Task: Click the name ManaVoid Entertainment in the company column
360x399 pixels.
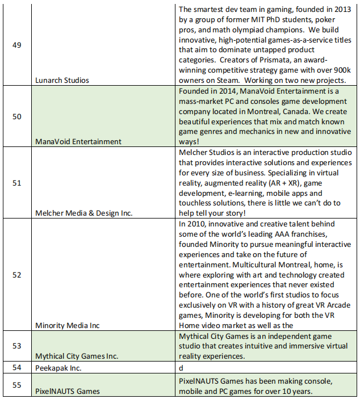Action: coord(78,141)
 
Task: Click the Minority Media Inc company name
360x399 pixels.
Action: coord(67,325)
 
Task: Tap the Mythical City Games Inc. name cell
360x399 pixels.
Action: coord(77,356)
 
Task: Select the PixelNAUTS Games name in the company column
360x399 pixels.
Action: coord(68,391)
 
